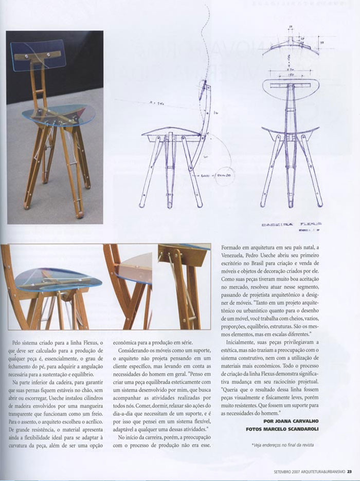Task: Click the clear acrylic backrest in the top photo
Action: (38, 55)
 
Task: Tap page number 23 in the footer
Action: (349, 469)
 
